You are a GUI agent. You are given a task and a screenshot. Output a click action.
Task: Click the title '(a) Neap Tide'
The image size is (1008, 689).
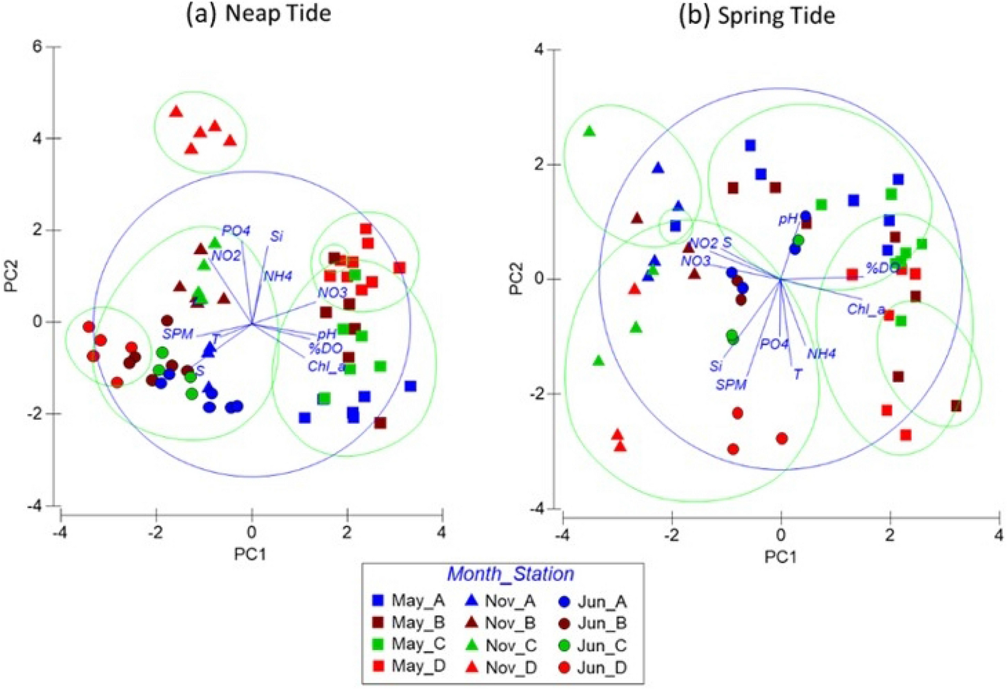point(259,13)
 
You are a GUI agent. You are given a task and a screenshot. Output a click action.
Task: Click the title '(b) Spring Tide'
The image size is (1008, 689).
point(757,15)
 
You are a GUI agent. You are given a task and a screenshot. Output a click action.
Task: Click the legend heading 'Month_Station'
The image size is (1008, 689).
point(510,574)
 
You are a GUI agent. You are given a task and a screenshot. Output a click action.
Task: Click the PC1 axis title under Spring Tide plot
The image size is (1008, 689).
point(780,557)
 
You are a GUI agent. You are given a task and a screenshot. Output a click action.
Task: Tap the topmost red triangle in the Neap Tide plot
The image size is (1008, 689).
point(176,112)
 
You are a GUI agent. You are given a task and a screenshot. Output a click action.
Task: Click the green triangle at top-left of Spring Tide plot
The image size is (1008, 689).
point(589,132)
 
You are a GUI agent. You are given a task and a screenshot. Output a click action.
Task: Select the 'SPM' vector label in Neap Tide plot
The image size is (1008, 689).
point(178,334)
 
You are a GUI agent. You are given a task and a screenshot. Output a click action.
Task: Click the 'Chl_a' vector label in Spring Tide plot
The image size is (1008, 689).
point(866,310)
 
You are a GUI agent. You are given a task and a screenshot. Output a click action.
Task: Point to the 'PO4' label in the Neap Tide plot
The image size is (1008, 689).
point(236,231)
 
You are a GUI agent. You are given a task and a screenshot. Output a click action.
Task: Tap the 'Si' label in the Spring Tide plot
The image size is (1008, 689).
point(716,367)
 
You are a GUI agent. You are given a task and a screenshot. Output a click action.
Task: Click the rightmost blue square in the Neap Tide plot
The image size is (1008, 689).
point(410,386)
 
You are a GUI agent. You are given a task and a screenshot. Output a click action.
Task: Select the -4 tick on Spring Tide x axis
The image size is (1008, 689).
point(563,536)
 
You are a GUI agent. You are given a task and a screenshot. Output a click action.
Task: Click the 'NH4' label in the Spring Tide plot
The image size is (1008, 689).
point(821,354)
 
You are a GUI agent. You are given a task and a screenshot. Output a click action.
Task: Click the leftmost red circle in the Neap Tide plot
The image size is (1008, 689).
point(88,327)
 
